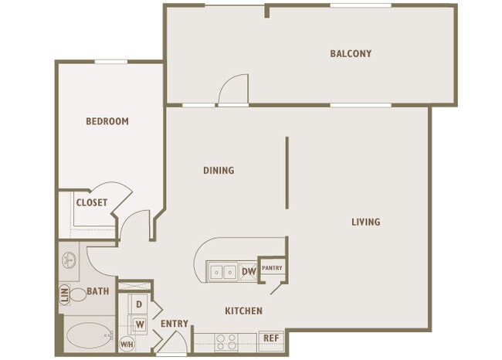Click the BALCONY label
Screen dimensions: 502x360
point(351,53)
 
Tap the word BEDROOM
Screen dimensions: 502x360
point(107,121)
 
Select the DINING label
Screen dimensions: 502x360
point(219,171)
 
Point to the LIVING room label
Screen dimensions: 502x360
point(366,222)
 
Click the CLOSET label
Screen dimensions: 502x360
point(92,202)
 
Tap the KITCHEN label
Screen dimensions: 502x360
point(243,311)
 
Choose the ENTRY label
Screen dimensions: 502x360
point(175,324)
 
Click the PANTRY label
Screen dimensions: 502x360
point(272,268)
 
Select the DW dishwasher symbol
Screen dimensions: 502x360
point(249,272)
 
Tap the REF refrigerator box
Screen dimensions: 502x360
point(271,338)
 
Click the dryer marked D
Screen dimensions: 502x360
point(138,304)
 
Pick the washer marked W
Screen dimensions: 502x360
point(140,324)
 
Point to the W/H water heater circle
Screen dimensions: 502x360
point(127,345)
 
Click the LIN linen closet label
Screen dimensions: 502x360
point(64,294)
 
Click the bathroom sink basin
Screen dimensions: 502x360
point(70,260)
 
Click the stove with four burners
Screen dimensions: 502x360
point(226,342)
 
